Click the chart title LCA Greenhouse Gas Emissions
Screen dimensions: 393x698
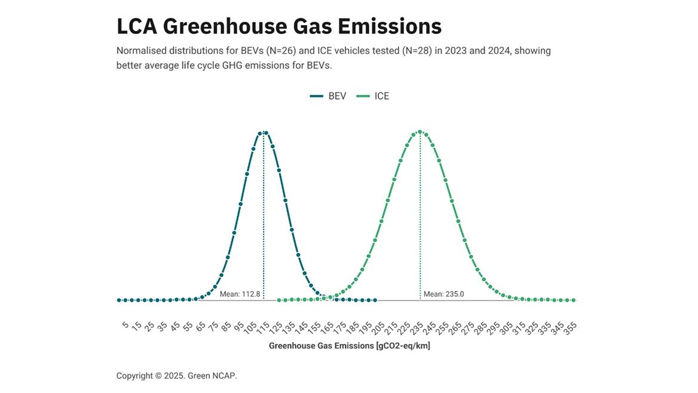[278, 26]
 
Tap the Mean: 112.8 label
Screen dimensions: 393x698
[240, 294]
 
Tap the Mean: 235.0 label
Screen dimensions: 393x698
[443, 294]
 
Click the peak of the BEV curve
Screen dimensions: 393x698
[264, 133]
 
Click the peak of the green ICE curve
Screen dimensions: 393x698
[420, 132]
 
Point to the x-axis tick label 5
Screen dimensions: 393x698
[125, 325]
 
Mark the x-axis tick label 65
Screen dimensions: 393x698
[201, 327]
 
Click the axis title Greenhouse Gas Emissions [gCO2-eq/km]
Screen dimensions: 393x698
[349, 346]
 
